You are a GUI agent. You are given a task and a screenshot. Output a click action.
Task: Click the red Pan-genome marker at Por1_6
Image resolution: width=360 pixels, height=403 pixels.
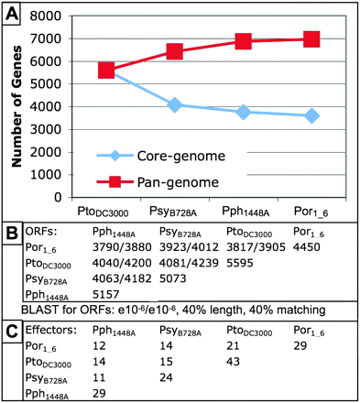tap(311, 39)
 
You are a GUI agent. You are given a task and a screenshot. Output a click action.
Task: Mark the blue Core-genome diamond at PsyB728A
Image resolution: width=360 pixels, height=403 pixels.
tap(174, 105)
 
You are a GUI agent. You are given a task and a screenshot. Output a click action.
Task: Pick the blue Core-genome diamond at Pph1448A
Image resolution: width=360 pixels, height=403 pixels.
tap(243, 112)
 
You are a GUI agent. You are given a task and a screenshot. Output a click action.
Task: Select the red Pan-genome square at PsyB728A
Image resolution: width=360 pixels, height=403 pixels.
tap(174, 51)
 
